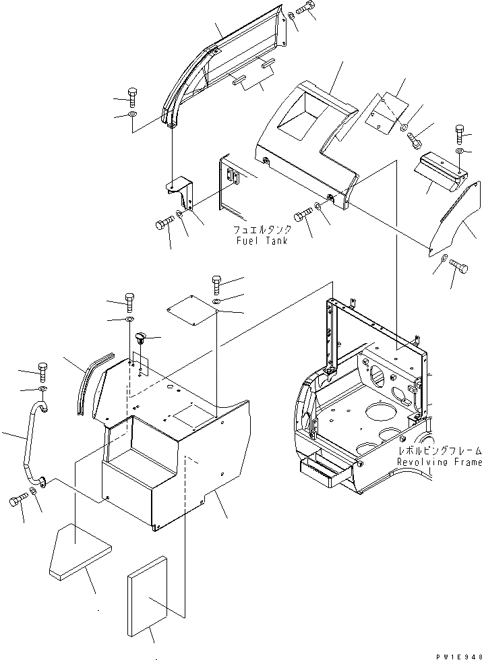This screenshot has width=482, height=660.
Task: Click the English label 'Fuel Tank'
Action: (x=262, y=241)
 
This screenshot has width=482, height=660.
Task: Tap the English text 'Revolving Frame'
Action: (x=439, y=462)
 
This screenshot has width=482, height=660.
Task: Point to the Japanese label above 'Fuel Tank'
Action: (x=262, y=229)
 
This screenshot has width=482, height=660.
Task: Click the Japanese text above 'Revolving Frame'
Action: (x=439, y=451)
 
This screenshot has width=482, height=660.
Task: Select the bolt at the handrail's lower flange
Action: (x=18, y=499)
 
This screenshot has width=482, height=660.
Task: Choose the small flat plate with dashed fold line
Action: (x=386, y=111)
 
